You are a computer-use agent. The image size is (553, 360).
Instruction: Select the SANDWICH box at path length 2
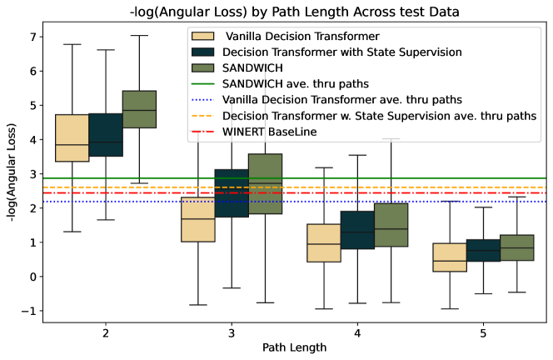139,108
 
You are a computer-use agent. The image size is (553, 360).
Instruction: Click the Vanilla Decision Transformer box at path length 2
72,137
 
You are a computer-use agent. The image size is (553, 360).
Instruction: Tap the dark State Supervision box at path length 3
232,193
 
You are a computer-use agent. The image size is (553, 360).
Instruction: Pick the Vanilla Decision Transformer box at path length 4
324,242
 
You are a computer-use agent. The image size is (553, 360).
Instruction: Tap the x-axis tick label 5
484,333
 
